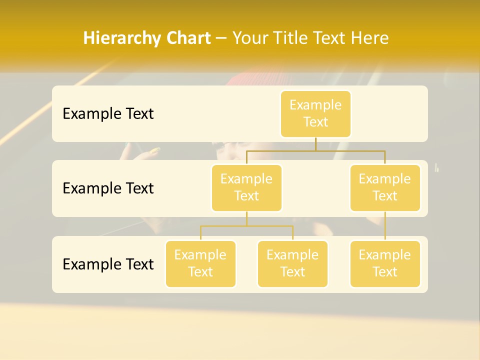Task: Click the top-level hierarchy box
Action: (x=315, y=113)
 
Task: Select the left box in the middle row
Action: (x=246, y=187)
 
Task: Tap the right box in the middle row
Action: (x=385, y=187)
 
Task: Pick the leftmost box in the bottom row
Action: (x=200, y=263)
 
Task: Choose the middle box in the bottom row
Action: (x=292, y=263)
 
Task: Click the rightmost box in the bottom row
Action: (x=385, y=263)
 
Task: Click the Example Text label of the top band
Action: (x=108, y=114)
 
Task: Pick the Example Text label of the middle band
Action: (x=108, y=188)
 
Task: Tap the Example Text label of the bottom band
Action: (x=108, y=264)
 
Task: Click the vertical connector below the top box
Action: (x=315, y=144)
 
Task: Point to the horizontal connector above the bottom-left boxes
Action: (x=246, y=226)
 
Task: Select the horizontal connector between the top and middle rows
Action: (x=350, y=150)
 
